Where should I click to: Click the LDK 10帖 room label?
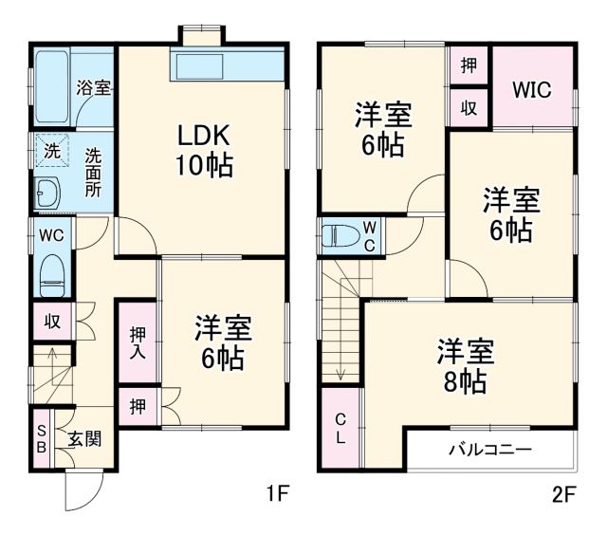coord(202,150)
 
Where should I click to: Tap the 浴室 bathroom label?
coord(94,88)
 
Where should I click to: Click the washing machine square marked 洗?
coord(49,150)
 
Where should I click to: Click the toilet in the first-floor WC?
coord(52,274)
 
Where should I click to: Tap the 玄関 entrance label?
coord(84,438)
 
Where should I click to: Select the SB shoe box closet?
coord(42,437)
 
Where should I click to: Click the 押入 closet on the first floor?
coord(138,341)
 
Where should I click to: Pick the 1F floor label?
coord(277,493)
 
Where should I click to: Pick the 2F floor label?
coord(563,493)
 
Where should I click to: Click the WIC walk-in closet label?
coord(532,90)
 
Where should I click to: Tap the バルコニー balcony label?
coord(490,449)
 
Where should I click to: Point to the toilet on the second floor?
coord(339,235)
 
